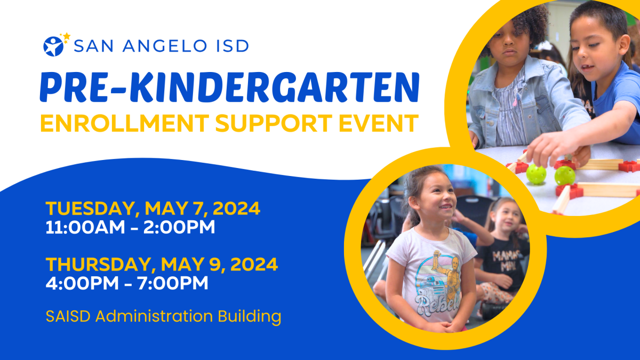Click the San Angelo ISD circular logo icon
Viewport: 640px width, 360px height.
(x=53, y=46)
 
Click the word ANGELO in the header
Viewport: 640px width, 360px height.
(x=165, y=46)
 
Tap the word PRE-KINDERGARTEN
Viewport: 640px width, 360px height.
(x=229, y=87)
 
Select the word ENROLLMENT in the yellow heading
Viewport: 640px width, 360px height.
(x=125, y=123)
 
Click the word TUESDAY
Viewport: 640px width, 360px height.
(x=90, y=209)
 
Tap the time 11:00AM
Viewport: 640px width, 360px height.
(x=85, y=227)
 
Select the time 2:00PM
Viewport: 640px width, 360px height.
(x=179, y=227)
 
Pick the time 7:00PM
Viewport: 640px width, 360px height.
(x=173, y=283)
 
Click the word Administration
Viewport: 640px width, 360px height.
(x=154, y=316)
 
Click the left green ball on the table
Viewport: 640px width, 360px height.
(x=536, y=174)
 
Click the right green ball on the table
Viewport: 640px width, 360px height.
(x=565, y=175)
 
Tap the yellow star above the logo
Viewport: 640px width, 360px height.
(x=67, y=36)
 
